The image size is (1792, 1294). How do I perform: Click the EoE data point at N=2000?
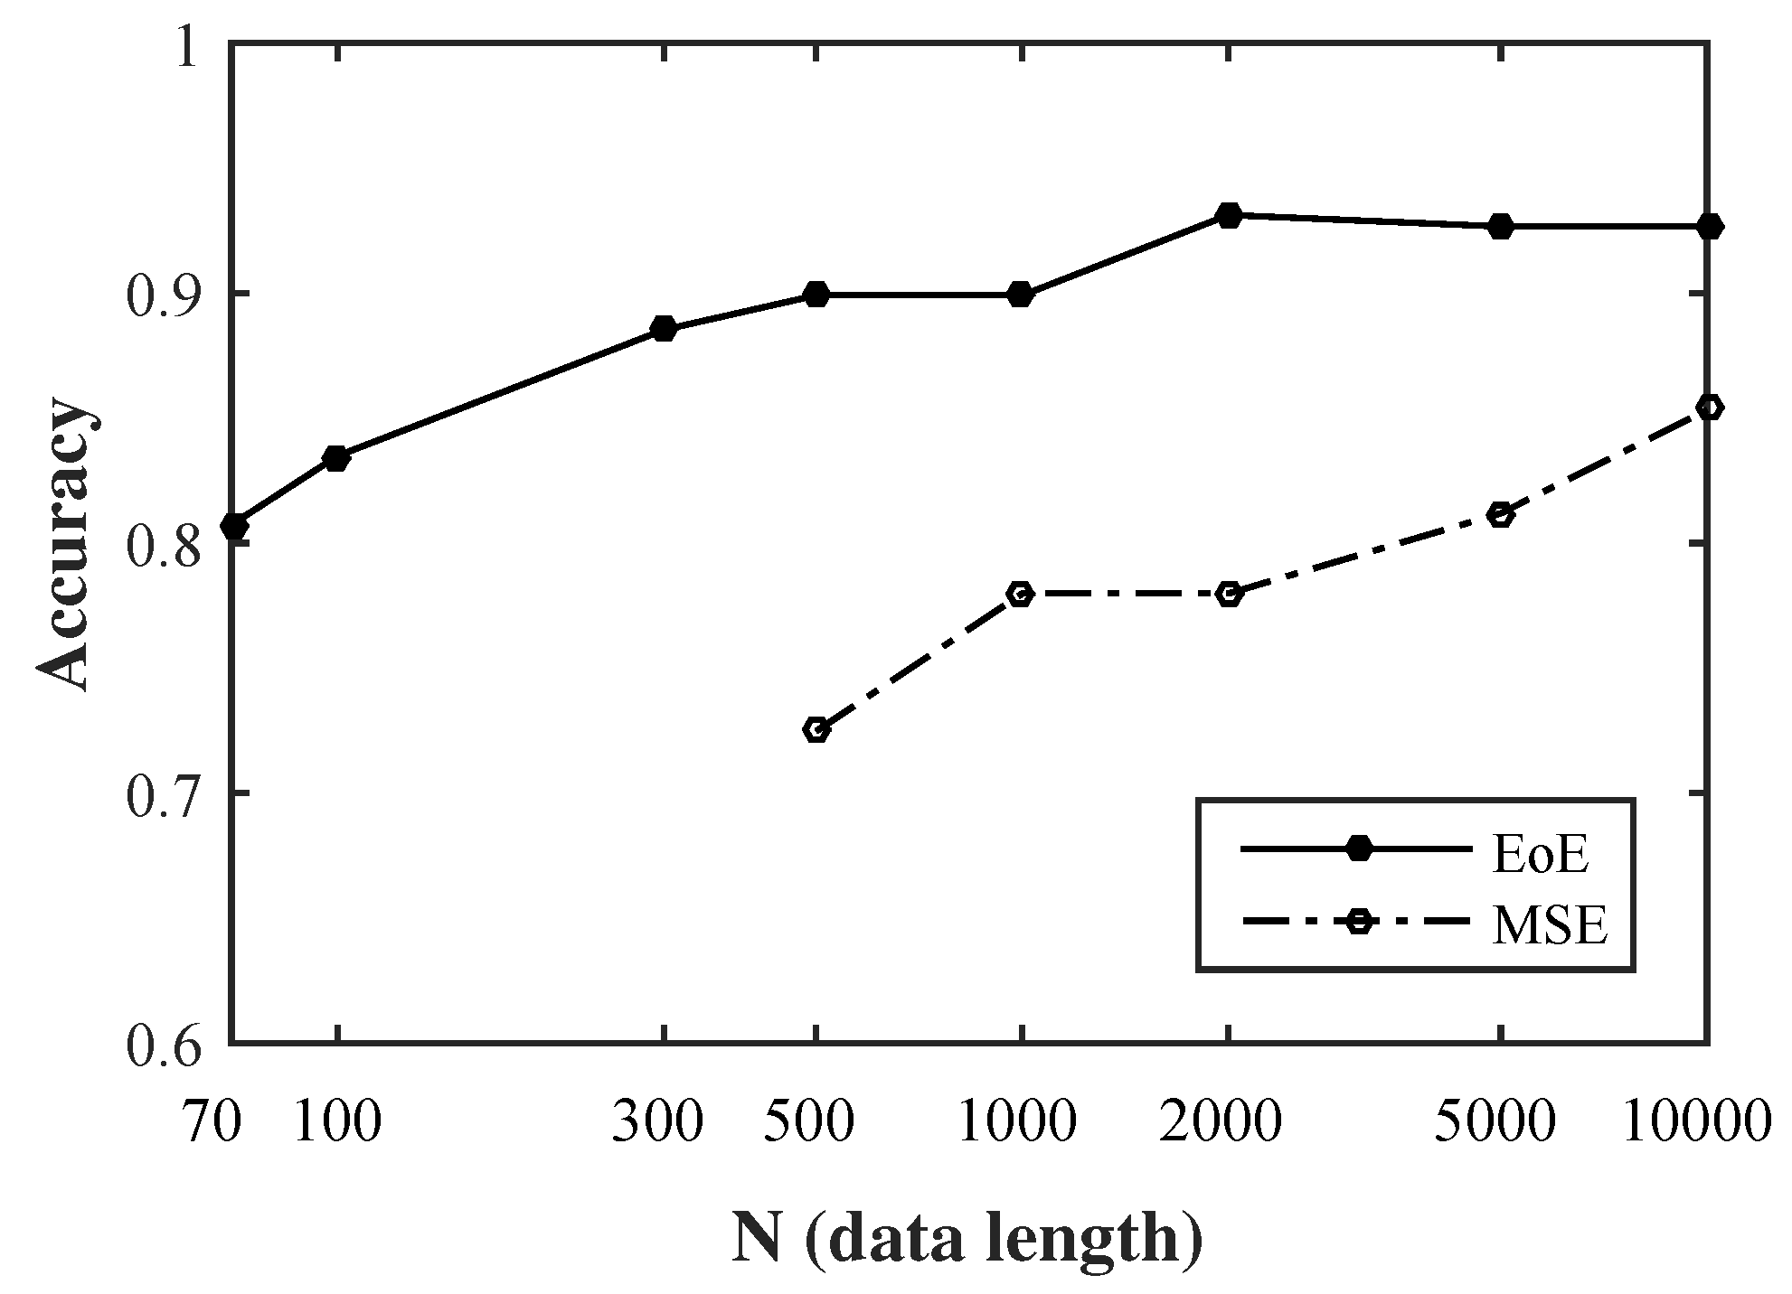[x=1228, y=216]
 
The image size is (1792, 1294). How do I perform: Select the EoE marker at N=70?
[x=234, y=526]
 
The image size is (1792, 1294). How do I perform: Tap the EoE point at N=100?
[x=336, y=458]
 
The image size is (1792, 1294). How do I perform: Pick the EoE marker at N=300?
[x=664, y=329]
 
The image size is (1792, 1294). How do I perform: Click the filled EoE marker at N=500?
[x=816, y=295]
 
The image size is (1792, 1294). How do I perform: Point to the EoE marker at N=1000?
[x=1021, y=295]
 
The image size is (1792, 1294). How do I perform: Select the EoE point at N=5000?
[x=1501, y=227]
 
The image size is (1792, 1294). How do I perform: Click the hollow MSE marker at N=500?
[x=816, y=729]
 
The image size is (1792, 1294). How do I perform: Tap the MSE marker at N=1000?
[x=1021, y=594]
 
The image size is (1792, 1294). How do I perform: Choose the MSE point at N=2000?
[x=1228, y=594]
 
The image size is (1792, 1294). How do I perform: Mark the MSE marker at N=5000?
[x=1501, y=515]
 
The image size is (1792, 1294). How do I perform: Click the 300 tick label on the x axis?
[x=657, y=1123]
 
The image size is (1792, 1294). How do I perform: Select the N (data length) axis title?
[x=967, y=1240]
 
